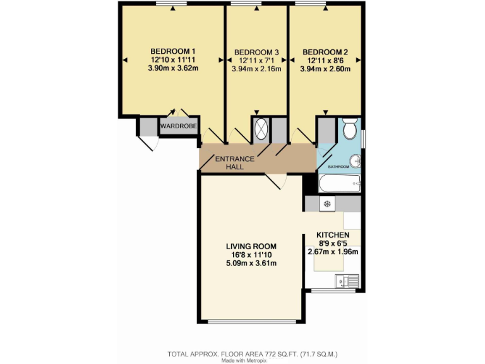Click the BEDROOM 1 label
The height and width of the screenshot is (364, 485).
[x=173, y=51]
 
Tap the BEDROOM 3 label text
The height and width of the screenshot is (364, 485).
[x=256, y=52]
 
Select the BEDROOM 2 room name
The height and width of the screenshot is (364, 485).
[x=325, y=52]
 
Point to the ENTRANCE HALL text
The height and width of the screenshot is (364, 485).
[x=235, y=162]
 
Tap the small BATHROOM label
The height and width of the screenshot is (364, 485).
[x=338, y=167]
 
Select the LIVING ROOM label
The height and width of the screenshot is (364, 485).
[x=251, y=246]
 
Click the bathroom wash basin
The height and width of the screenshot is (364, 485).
[x=357, y=161]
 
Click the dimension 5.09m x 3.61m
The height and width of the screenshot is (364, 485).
[x=251, y=264]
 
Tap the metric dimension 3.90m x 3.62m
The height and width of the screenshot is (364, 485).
[x=173, y=68]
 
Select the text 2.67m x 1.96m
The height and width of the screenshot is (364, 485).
[x=333, y=252]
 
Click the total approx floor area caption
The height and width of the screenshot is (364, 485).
[x=257, y=353]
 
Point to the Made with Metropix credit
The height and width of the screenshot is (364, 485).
[x=243, y=361]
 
